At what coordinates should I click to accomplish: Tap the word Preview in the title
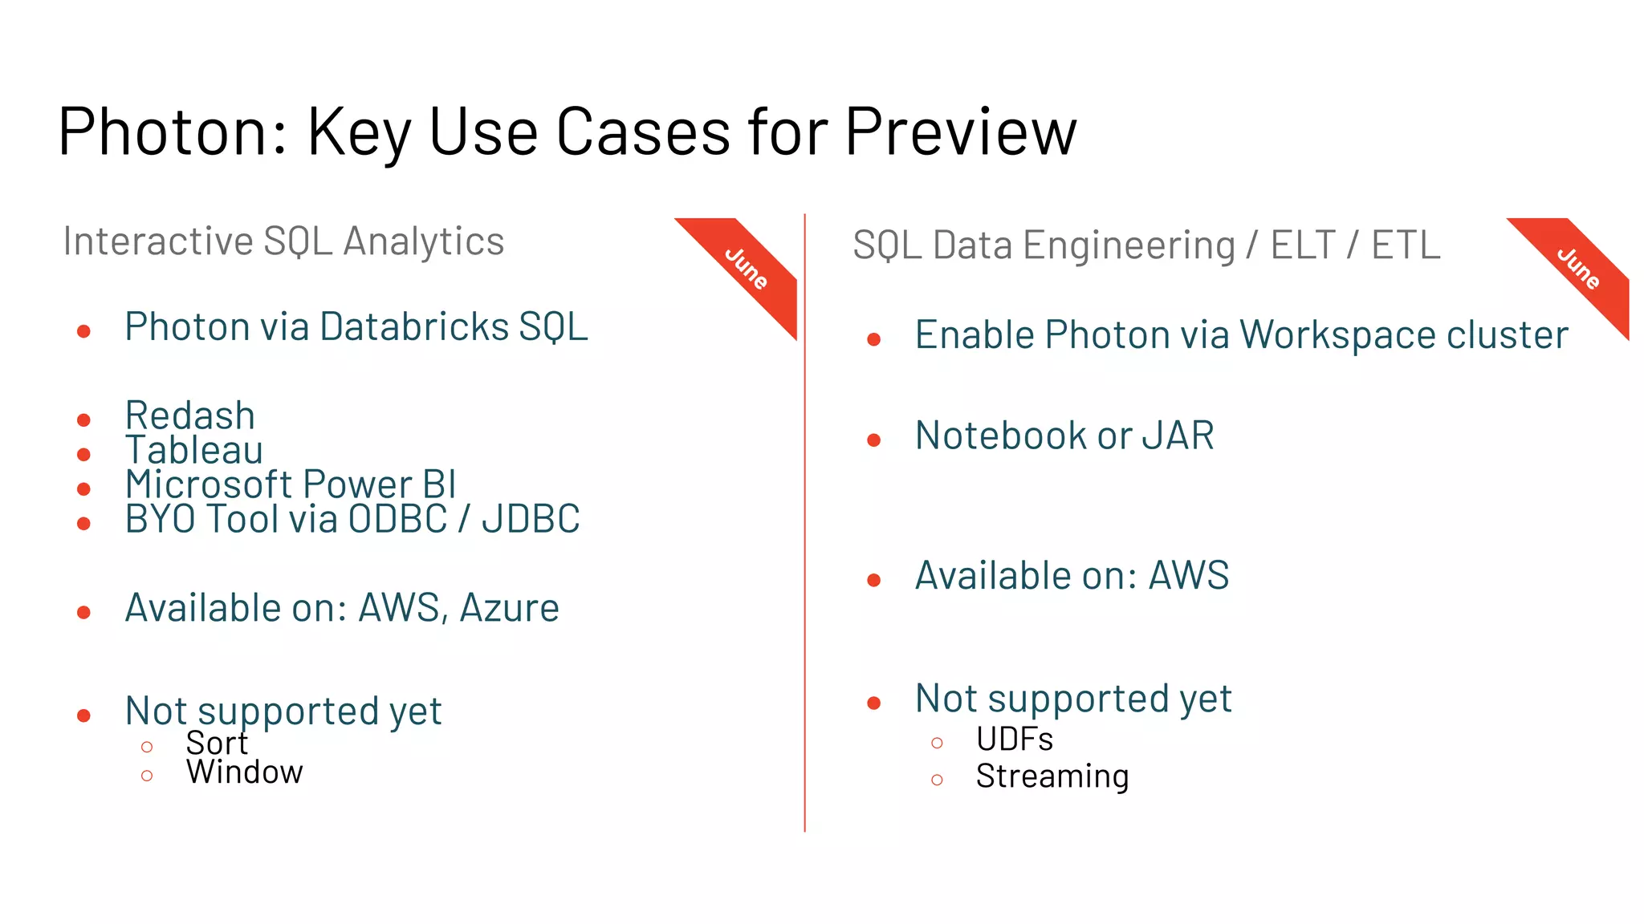point(960,132)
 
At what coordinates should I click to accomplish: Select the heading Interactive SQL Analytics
point(283,241)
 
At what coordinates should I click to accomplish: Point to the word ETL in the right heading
point(1406,245)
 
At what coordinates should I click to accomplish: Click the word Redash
point(190,415)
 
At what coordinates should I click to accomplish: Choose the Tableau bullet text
point(194,450)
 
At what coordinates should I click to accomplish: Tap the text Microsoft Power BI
point(291,484)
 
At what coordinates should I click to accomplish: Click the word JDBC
point(531,519)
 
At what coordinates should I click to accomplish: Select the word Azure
point(509,608)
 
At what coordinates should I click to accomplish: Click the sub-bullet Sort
point(217,744)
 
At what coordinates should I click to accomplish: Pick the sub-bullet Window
point(245,772)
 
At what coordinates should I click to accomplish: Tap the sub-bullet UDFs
point(1015,740)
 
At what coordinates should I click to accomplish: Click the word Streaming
point(1052,776)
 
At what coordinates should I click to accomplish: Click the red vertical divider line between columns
point(804,521)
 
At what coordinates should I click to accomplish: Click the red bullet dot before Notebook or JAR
point(874,440)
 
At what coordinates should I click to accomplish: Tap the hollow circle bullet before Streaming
point(937,780)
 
